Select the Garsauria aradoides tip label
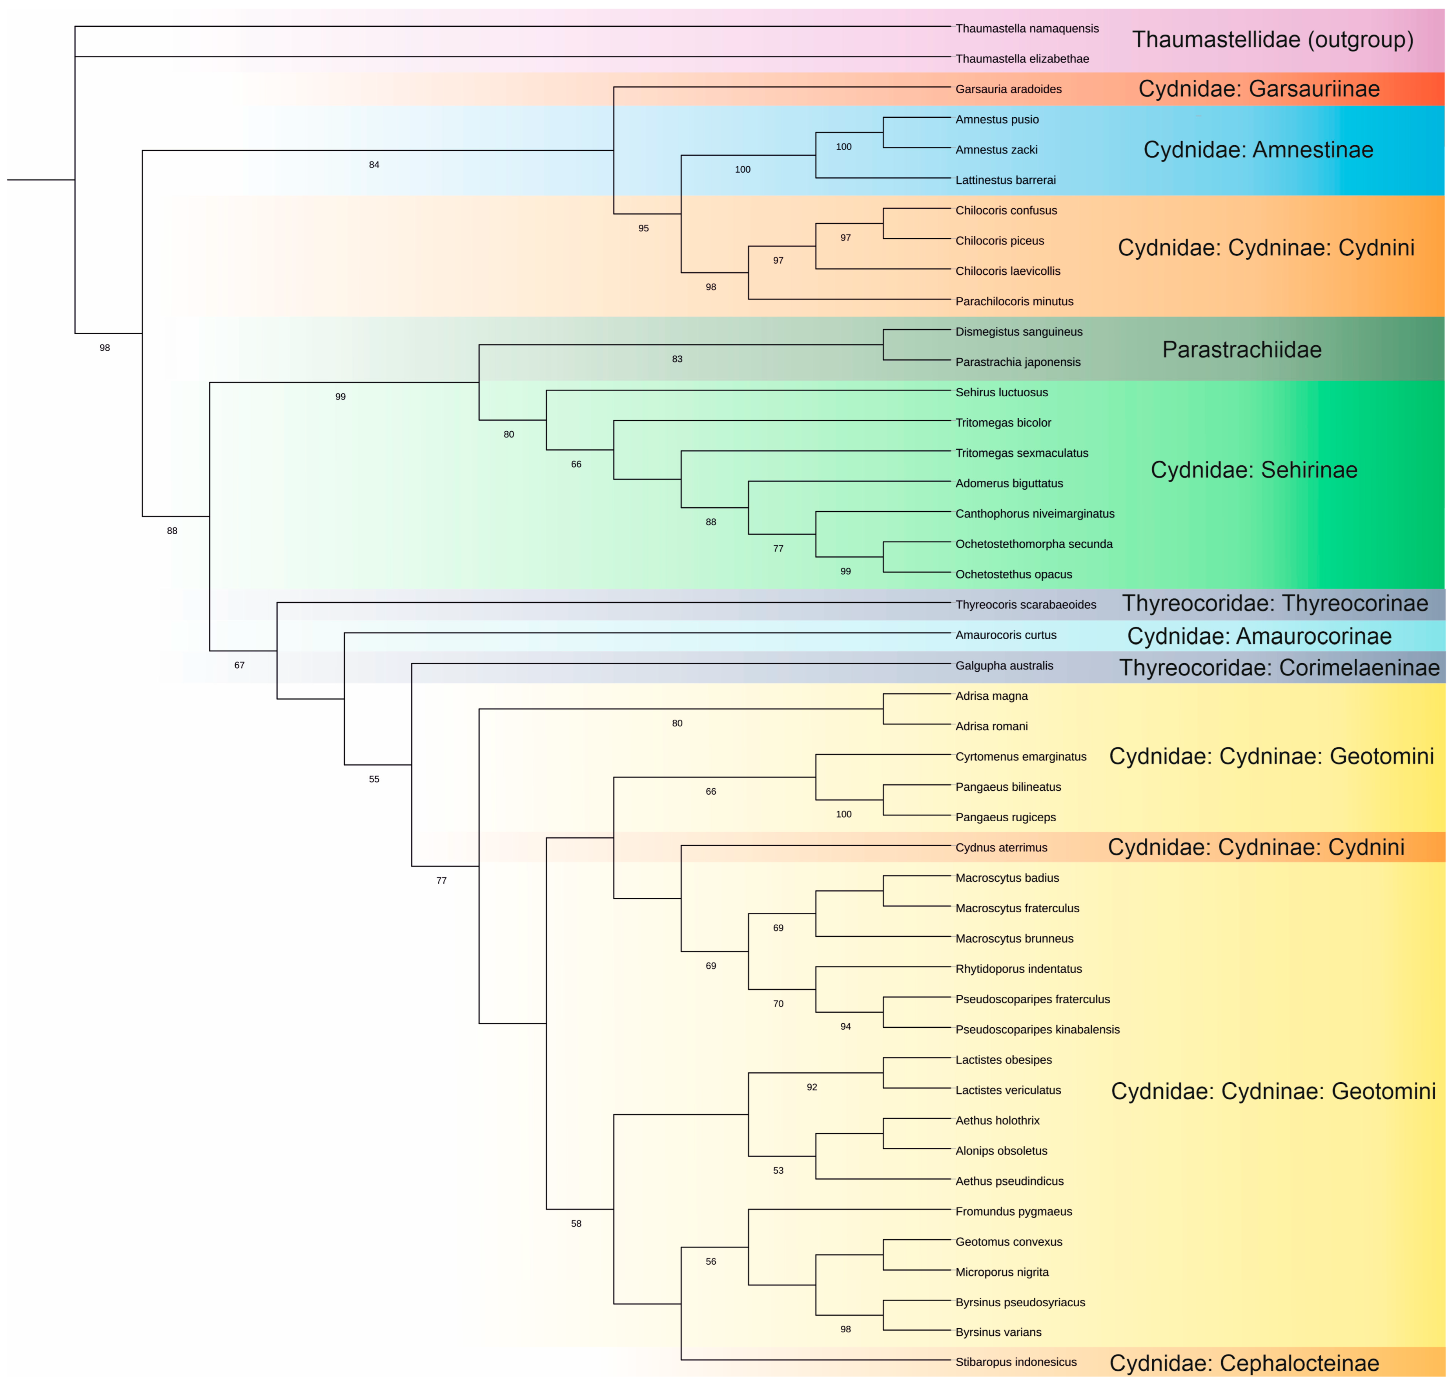[x=1008, y=89]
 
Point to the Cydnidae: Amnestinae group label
[x=1257, y=150]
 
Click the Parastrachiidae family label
[x=1241, y=350]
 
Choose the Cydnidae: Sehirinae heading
[x=1253, y=470]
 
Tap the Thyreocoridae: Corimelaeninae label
[x=1279, y=667]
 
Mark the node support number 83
[x=677, y=359]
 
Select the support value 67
[x=239, y=666]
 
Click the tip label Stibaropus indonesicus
[x=1016, y=1362]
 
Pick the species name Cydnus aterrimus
[x=1001, y=848]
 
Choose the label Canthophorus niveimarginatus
[x=1034, y=514]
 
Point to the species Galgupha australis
[x=1004, y=666]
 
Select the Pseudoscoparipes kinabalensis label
[x=1037, y=1029]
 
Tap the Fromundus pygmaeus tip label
[x=1013, y=1211]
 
